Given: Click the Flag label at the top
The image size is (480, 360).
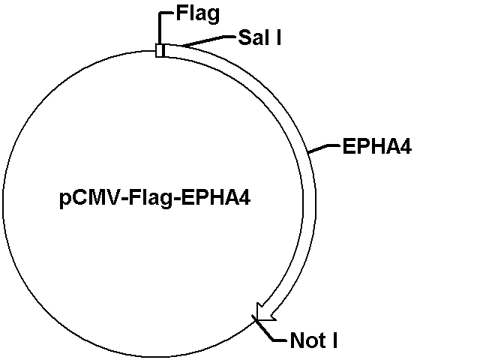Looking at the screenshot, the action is (198, 14).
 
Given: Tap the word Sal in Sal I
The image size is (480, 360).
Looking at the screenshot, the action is (252, 37).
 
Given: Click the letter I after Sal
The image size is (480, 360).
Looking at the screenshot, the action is (278, 37).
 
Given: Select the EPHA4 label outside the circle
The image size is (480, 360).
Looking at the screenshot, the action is (376, 147).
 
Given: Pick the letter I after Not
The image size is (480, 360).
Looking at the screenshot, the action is (334, 340).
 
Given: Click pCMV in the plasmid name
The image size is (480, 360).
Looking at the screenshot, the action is (88, 198).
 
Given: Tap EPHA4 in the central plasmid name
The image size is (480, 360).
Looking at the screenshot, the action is (216, 198).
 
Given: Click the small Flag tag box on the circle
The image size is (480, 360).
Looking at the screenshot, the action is (160, 50).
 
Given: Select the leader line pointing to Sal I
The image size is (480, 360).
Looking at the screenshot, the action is (208, 41).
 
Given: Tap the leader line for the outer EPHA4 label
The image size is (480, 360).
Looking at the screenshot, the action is (324, 148).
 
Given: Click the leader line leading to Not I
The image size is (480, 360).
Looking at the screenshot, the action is (269, 331).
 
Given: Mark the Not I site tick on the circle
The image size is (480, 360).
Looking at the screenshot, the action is (256, 319).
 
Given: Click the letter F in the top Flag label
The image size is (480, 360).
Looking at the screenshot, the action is (181, 13).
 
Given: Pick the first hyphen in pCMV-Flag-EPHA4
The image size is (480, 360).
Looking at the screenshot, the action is (123, 200).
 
